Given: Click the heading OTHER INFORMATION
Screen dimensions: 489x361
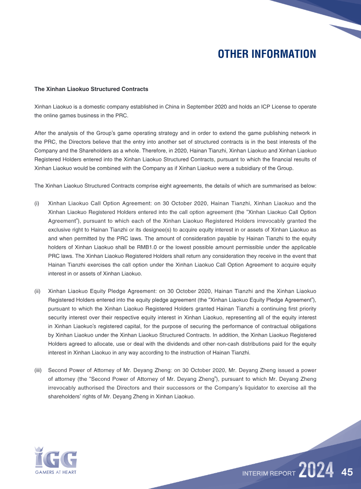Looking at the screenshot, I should [x=267, y=54].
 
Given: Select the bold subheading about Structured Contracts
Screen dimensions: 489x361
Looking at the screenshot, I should [x=91, y=89].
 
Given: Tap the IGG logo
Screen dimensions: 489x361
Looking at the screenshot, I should [x=56, y=457].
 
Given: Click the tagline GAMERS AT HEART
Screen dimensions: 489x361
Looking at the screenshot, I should [x=56, y=472].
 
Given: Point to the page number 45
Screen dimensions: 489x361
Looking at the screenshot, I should [x=347, y=472].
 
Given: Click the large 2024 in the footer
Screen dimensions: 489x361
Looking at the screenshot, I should [x=316, y=471].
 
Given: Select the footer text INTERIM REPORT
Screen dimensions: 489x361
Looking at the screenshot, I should [x=268, y=474].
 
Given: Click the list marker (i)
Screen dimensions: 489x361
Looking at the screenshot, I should [x=37, y=203].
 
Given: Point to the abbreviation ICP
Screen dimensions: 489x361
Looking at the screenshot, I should [x=259, y=107].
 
